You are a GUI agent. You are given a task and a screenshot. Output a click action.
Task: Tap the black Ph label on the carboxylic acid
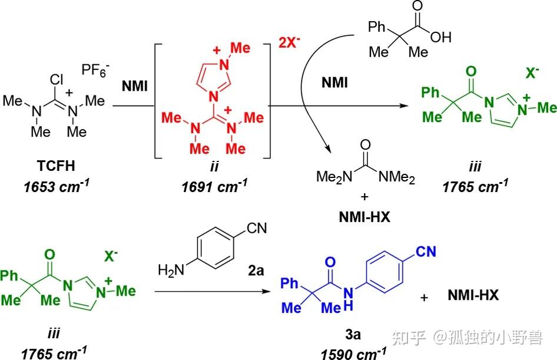coord(377,27)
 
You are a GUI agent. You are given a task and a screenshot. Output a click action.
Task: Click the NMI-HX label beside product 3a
coord(473,295)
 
